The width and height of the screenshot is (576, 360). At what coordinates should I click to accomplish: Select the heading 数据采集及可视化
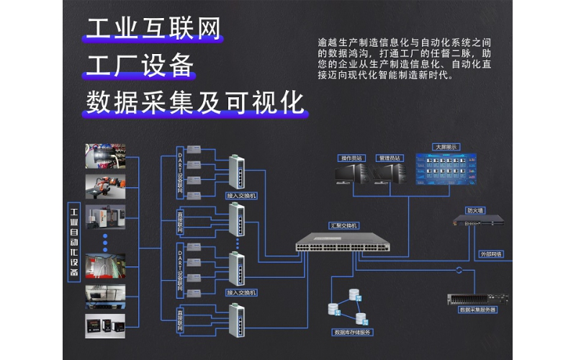pos(195,102)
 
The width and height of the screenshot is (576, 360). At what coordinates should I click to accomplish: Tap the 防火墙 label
pos(474,211)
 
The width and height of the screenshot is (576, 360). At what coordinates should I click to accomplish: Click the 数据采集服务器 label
pos(478,310)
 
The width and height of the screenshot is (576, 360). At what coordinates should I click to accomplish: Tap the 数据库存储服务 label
pos(351,332)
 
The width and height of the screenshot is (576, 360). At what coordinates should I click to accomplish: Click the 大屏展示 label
pos(445,147)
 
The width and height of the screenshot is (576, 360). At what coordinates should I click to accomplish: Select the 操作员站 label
pos(352,158)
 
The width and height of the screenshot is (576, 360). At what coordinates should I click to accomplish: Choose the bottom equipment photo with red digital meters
pos(105,325)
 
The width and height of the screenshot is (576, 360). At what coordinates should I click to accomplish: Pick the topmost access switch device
pos(236,173)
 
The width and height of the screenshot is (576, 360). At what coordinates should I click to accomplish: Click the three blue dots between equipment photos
pos(105,239)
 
